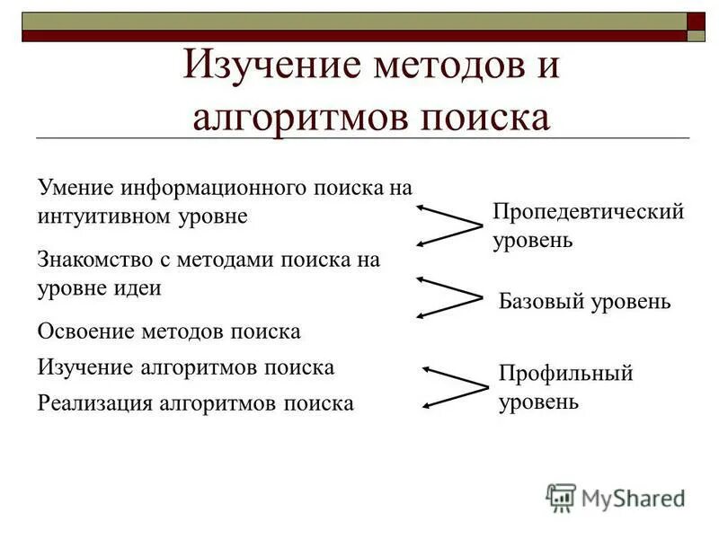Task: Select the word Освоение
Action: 85,331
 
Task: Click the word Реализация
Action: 94,403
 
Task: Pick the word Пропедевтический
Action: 589,213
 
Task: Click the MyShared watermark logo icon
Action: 561,497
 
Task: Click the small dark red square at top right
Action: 696,21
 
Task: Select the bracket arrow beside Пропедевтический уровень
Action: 449,224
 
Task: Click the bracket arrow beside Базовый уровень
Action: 449,296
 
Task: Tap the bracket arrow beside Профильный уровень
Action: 454,386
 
